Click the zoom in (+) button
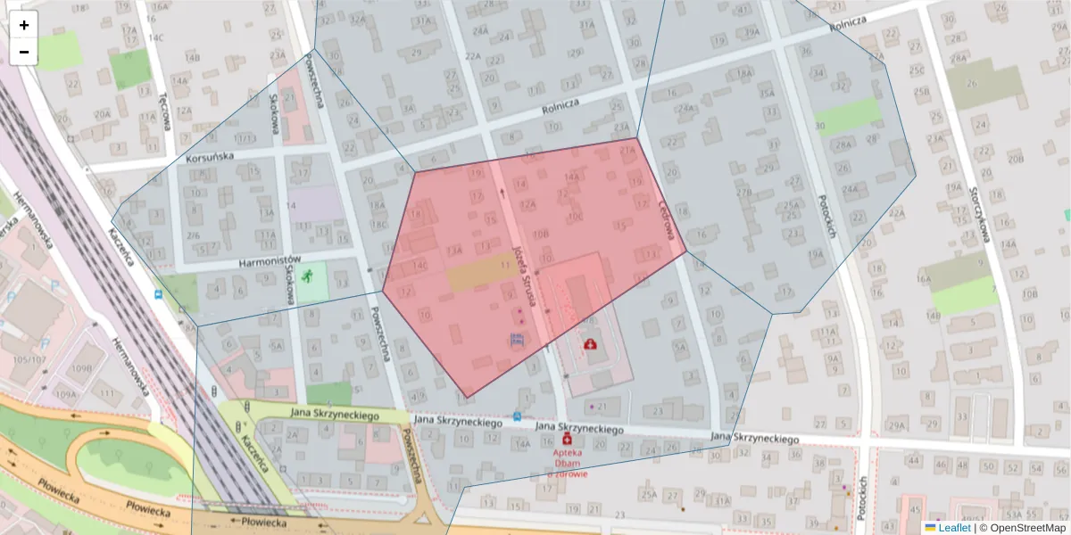pyautogui.click(x=24, y=25)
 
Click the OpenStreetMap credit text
pyautogui.click(x=1022, y=528)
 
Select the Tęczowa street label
pyautogui.click(x=163, y=111)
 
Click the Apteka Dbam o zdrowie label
pyautogui.click(x=569, y=463)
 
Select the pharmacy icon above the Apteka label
pyautogui.click(x=566, y=440)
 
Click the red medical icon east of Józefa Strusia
pyautogui.click(x=590, y=343)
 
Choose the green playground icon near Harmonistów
pyautogui.click(x=309, y=276)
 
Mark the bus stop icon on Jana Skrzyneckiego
pyautogui.click(x=518, y=416)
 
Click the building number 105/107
pyautogui.click(x=29, y=359)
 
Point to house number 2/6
pyautogui.click(x=194, y=235)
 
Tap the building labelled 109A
pyautogui.click(x=66, y=393)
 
